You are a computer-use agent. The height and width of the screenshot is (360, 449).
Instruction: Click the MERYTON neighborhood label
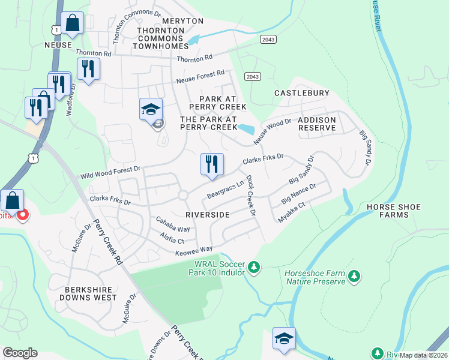pos(183,21)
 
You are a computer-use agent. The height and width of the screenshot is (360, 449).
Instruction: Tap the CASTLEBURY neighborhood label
pos(302,93)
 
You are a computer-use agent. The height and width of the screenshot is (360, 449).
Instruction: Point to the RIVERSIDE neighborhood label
pos(208,214)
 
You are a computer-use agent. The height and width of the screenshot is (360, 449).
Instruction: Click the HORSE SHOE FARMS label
pos(396,211)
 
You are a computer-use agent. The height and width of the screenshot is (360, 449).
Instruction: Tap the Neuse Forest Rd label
pos(200,77)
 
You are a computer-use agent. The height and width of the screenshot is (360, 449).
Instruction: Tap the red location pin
pos(23,214)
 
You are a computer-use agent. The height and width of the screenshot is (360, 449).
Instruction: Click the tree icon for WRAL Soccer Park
pos(254,266)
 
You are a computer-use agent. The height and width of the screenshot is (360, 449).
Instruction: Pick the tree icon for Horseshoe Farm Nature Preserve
pos(354,276)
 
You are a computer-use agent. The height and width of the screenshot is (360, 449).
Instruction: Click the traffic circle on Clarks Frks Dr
pos(183,196)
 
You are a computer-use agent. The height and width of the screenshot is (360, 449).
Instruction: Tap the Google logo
pos(20,353)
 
